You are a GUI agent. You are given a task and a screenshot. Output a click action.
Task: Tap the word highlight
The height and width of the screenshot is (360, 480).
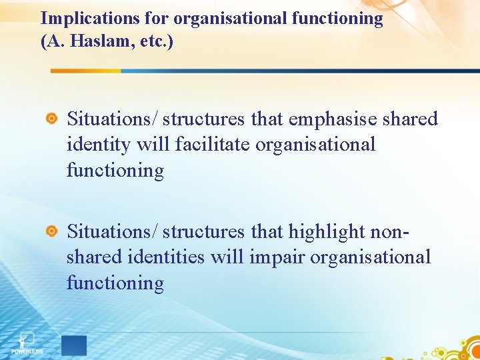click(x=326, y=232)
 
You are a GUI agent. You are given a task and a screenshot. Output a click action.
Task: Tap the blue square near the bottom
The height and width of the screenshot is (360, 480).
click(x=73, y=345)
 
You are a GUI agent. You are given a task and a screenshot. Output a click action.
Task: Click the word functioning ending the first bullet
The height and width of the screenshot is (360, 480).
click(x=115, y=170)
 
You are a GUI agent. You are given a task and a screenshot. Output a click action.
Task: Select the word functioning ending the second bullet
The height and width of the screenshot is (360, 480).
click(x=115, y=283)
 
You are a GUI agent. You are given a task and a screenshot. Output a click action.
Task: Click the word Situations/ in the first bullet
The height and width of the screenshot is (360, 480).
click(x=113, y=119)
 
